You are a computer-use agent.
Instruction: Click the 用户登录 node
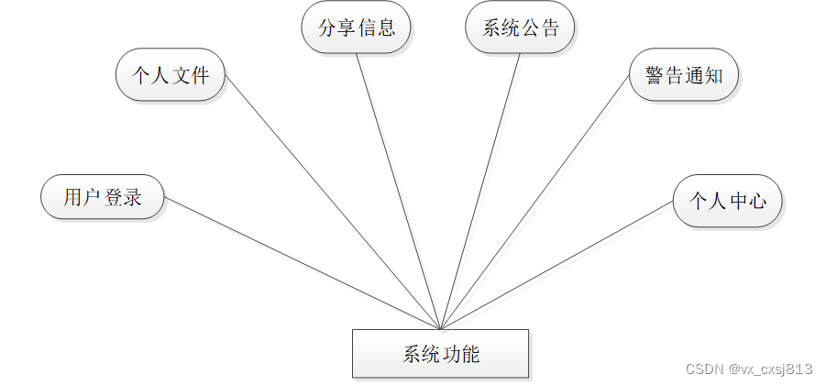pos(103,197)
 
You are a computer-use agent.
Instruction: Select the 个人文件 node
pos(171,74)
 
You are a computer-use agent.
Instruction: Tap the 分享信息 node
pos(357,27)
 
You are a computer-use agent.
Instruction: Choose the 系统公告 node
pos(520,27)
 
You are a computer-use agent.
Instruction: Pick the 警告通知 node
pos(684,74)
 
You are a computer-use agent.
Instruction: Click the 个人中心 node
pos(727,201)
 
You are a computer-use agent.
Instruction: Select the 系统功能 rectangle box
pos(440,354)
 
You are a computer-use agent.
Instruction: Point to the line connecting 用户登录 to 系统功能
pos(303,263)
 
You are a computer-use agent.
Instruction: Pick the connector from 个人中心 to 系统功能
pos(556,266)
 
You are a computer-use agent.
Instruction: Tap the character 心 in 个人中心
pos(756,201)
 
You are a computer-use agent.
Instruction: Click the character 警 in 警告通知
pos(655,75)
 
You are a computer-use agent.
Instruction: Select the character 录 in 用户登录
pos(132,197)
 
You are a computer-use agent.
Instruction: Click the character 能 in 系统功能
pos(469,355)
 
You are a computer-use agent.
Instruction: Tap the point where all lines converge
pos(441,329)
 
